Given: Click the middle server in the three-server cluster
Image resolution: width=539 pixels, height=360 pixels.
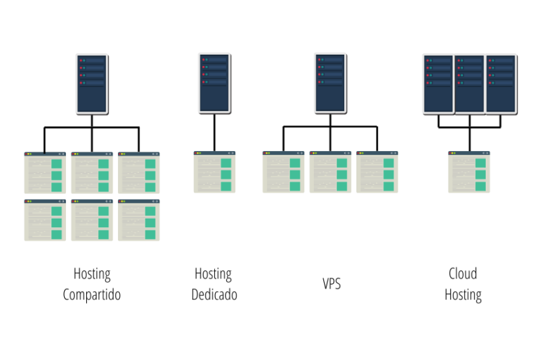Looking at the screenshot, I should [470, 84].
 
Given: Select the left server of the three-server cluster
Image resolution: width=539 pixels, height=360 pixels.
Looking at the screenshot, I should [439, 84].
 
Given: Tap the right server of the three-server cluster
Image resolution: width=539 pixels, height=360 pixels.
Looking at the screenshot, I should [501, 84].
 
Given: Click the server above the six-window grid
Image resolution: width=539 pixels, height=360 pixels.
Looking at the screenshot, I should [92, 84].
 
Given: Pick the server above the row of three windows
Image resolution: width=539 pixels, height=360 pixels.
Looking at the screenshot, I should [330, 82].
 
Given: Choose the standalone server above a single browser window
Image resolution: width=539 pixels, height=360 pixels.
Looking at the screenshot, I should [214, 82].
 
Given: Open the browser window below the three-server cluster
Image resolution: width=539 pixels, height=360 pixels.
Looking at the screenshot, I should [469, 173].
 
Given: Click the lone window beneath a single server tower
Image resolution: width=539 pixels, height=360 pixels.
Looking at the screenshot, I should [215, 173].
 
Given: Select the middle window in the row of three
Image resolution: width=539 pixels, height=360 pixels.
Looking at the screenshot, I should [330, 173].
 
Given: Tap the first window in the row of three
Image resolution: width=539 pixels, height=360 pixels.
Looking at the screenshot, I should [284, 173].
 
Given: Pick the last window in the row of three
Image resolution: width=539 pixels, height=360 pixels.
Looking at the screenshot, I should [377, 173].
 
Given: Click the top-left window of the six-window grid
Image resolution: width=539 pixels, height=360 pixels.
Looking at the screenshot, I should [45, 173].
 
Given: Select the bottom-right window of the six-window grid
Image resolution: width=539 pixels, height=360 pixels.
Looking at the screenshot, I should [139, 220].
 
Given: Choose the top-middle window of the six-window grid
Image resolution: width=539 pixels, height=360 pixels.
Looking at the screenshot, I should [92, 173].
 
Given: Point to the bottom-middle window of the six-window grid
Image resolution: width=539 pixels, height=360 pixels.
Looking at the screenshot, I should [92, 220].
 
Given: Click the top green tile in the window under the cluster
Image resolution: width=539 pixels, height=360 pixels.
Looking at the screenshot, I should [480, 163].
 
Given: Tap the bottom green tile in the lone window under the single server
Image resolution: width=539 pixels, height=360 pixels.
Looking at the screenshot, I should [226, 186].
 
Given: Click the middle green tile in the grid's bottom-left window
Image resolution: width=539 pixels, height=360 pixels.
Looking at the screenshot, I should [57, 222].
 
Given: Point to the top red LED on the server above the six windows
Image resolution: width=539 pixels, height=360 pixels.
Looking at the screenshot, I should [81, 60].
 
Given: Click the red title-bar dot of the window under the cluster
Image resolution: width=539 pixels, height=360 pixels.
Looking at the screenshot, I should [449, 153].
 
